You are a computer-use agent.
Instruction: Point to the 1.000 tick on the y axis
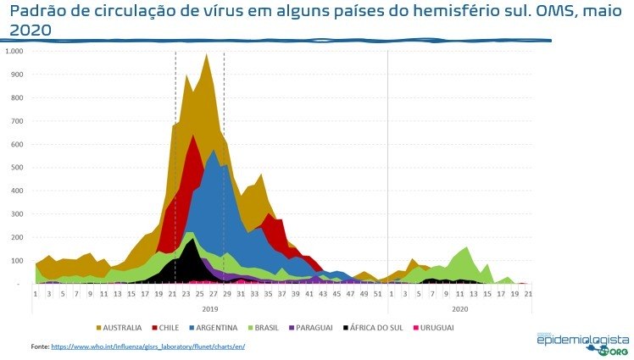[18, 52]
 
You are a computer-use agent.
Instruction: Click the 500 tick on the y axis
[20, 168]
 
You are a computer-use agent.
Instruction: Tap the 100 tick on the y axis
[20, 261]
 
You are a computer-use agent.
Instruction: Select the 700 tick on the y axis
[20, 121]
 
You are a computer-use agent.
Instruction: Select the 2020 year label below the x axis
[459, 308]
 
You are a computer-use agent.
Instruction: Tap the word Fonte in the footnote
[39, 346]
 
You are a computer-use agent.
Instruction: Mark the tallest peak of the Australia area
[206, 55]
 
